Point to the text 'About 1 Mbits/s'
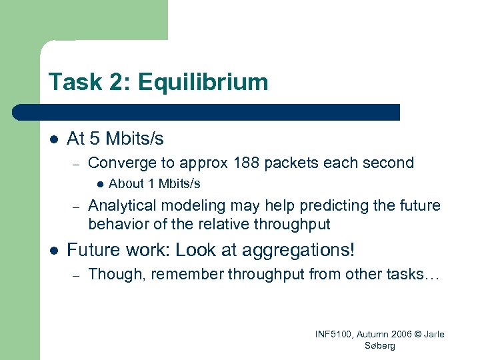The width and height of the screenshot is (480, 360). click(x=154, y=183)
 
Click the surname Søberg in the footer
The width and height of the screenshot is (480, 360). click(x=380, y=345)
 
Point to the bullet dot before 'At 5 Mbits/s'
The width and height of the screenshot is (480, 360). click(x=53, y=139)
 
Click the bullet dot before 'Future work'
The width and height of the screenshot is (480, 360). click(x=53, y=251)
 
